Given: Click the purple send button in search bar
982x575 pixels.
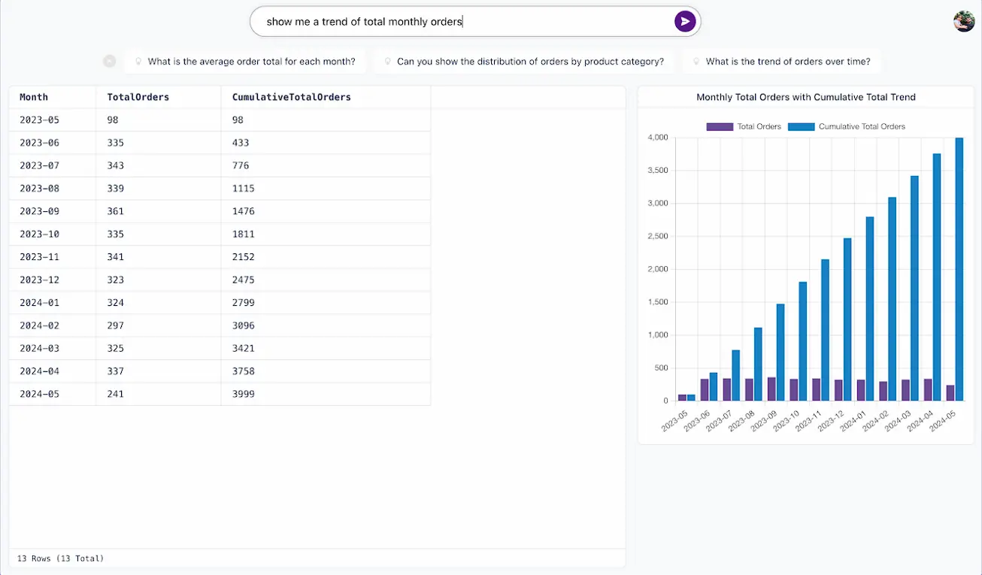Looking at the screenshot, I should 684,22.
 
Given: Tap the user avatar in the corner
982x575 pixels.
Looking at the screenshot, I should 964,22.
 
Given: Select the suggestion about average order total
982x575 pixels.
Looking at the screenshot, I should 251,62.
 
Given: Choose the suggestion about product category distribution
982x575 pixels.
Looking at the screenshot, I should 530,62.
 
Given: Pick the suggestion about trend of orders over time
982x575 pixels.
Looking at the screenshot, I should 787,62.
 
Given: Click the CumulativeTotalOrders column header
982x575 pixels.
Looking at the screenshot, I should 291,97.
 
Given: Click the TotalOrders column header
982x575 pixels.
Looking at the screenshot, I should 138,97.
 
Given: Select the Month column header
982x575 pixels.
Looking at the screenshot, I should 34,97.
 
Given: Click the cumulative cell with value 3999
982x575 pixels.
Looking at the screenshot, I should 244,394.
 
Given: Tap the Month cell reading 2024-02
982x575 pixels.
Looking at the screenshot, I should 39,325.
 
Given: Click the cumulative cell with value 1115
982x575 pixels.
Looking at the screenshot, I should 244,189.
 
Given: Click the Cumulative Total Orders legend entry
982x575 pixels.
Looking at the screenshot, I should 847,126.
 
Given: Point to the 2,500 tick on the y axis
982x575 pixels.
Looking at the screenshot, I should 656,237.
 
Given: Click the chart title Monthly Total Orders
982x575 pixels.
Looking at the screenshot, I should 805,97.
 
